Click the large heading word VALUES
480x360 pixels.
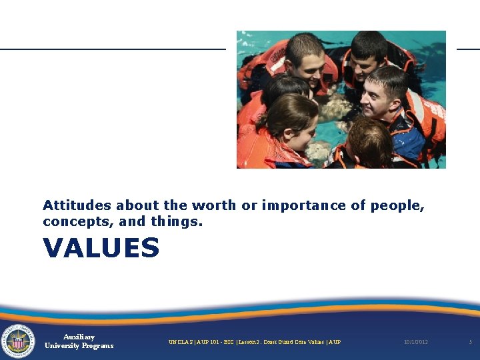coord(101,248)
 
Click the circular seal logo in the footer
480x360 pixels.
coord(18,341)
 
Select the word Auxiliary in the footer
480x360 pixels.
coord(79,337)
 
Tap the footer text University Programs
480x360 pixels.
coord(79,346)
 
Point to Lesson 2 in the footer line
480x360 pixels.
coord(249,342)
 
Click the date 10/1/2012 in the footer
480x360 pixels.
coord(416,342)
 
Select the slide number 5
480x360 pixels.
coord(470,342)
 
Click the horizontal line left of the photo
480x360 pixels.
coord(113,49)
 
